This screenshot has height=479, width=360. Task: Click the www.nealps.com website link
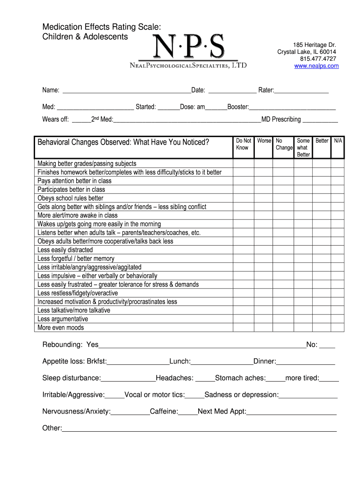[x=316, y=66]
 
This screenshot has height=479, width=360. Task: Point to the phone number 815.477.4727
[x=318, y=58]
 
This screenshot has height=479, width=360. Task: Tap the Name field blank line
[x=126, y=90]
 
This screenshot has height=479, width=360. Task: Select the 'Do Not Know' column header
[x=243, y=144]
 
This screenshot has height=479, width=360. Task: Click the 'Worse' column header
[x=264, y=141]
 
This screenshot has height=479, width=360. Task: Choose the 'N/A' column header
[x=338, y=141]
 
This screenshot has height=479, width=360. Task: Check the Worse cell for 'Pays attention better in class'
[x=264, y=181]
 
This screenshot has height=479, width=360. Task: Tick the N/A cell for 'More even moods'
[x=338, y=327]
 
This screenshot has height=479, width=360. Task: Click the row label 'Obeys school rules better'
[x=71, y=198]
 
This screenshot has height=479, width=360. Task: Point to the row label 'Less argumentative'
[x=63, y=319]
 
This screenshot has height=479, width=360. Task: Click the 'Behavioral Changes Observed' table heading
[x=123, y=142]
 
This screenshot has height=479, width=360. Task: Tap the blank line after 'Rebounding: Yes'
[x=202, y=345]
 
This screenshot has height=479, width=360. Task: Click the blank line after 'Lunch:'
[x=222, y=362]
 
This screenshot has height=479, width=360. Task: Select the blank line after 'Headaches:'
[x=205, y=378]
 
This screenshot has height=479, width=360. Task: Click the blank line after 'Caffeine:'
[x=188, y=412]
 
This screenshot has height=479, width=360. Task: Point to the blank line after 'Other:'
[x=199, y=428]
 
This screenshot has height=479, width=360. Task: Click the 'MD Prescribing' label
[x=281, y=119]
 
